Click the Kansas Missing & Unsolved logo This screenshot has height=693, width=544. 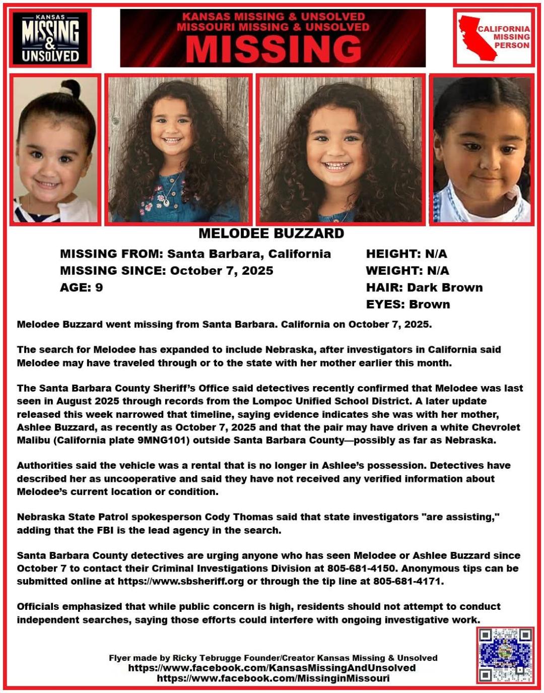point(50,38)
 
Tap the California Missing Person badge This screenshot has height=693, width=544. point(494,38)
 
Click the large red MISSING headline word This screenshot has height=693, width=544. point(273,49)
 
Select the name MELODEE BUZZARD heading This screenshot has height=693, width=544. point(271,233)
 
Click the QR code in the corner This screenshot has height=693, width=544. point(505,655)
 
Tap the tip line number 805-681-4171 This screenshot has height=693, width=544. point(407,581)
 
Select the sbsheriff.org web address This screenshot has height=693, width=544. point(181,581)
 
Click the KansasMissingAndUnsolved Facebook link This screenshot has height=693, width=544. point(272,668)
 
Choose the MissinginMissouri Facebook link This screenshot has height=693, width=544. point(273,678)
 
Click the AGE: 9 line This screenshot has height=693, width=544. point(81,287)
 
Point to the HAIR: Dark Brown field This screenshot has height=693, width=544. point(424,287)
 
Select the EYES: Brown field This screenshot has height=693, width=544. point(408,304)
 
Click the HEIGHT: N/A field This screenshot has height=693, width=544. point(406,254)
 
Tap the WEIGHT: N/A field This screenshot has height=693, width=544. point(407,271)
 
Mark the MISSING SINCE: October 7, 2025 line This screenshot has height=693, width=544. point(166,271)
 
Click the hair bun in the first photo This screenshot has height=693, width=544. point(66,91)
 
